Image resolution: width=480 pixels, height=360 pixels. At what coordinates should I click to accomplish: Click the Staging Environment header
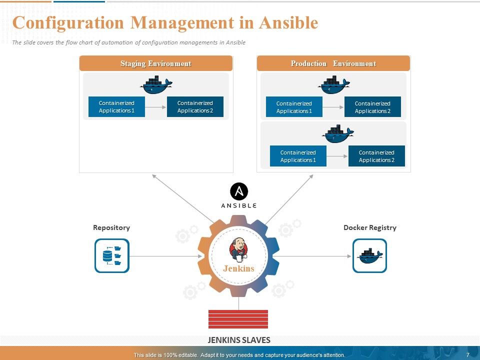click(155, 63)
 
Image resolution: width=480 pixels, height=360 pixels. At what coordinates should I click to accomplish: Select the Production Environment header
click(333, 63)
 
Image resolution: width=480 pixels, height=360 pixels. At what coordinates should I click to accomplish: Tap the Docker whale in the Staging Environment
click(156, 85)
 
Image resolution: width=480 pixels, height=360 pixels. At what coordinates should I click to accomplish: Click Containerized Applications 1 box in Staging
click(116, 107)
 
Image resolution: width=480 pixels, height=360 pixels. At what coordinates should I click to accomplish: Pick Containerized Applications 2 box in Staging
click(195, 107)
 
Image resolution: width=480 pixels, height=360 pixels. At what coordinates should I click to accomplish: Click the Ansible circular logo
click(239, 191)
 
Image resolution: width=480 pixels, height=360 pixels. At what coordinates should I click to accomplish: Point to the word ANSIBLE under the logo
click(239, 205)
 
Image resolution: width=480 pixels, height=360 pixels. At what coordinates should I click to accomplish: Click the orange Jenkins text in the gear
click(238, 268)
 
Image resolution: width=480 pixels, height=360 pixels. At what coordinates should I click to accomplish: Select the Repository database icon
click(112, 256)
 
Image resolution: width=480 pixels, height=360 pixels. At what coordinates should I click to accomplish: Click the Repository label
click(111, 227)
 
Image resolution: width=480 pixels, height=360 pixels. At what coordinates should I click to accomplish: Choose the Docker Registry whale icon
click(369, 255)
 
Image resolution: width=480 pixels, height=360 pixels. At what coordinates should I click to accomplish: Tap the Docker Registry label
click(370, 227)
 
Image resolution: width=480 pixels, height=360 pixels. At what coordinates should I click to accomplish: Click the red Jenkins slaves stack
click(238, 319)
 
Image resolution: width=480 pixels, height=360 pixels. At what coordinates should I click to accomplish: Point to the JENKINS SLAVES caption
click(238, 340)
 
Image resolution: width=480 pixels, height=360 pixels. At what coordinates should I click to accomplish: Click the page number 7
click(467, 355)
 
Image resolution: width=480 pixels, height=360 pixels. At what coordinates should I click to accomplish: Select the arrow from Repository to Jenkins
click(165, 256)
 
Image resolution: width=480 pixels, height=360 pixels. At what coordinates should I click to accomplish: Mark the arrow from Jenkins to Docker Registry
click(312, 256)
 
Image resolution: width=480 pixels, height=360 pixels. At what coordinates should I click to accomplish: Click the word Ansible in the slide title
click(288, 23)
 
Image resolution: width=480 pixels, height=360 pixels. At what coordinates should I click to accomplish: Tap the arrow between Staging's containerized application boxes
click(156, 107)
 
